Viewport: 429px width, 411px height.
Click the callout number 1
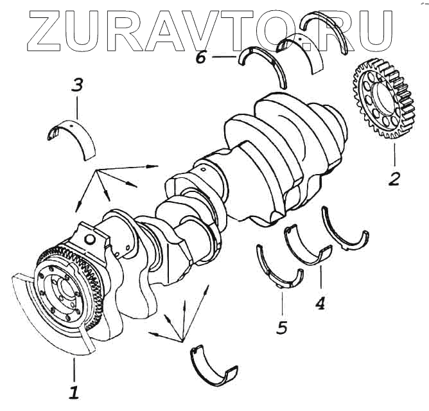tap(74, 390)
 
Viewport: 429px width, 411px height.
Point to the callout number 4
tap(319, 301)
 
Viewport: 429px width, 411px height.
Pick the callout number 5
tap(281, 327)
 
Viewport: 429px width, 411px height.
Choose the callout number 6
tap(200, 57)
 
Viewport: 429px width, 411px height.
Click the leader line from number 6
tap(222, 57)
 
